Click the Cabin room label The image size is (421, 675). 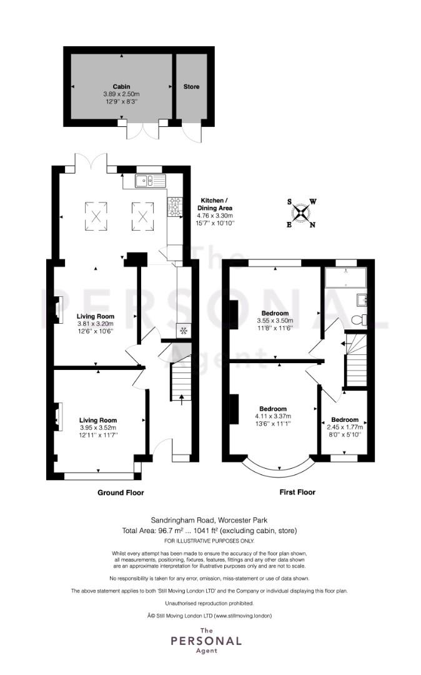121,86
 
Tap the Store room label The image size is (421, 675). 191,86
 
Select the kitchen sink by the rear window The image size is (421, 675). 151,181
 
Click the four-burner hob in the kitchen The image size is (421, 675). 175,206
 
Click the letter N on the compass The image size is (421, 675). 313,225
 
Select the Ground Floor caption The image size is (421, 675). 121,492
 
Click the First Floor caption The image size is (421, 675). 297,492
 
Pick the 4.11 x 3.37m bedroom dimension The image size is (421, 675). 273,416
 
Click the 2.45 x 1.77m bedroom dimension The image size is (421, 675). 345,427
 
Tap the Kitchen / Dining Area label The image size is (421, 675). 215,204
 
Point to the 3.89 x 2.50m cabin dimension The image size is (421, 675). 121,94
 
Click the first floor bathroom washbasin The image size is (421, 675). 362,298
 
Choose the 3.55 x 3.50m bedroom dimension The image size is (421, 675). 275,321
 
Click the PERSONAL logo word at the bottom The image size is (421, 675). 206,641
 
